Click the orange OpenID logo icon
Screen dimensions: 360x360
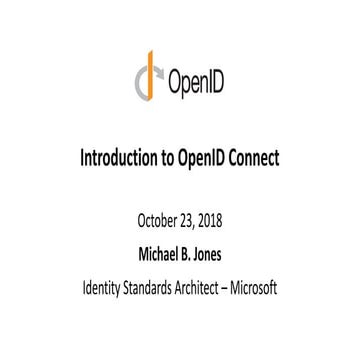[x=149, y=77]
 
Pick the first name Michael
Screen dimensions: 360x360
[x=152, y=242]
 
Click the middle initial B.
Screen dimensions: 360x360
[x=186, y=242]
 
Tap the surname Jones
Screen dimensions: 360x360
[x=212, y=242]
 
